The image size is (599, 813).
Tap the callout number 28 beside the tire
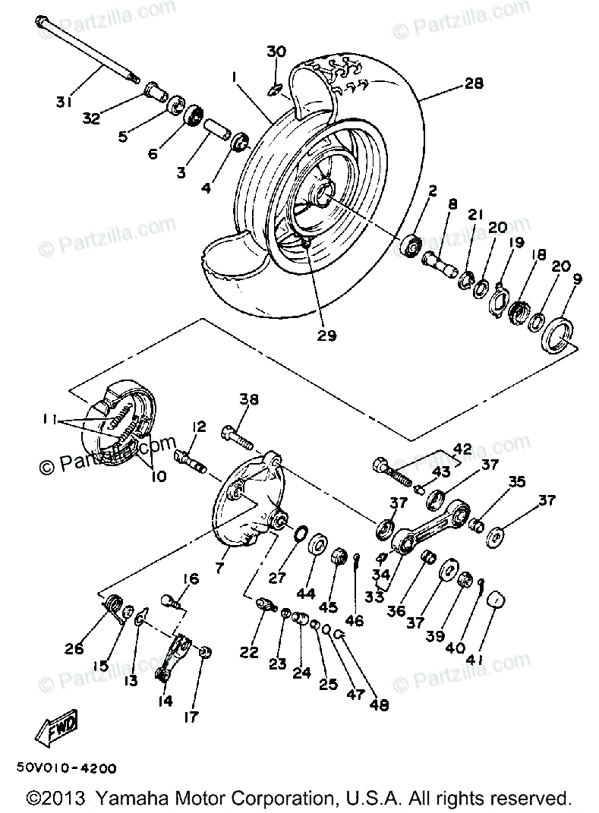473,84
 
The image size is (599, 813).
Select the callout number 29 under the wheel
326,335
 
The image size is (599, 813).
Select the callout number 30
276,52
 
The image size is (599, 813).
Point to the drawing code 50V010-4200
65,767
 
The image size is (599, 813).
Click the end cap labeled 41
494,599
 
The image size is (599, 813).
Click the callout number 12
198,427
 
